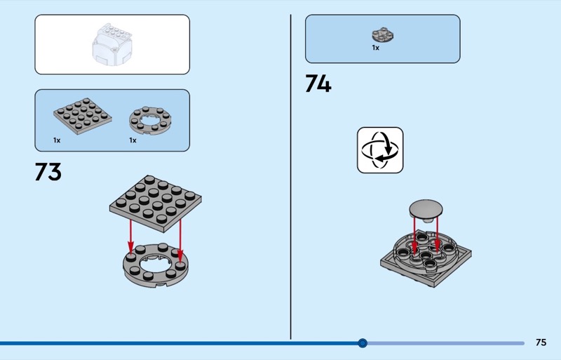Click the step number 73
(x=48, y=172)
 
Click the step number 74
(x=318, y=84)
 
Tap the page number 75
(x=541, y=342)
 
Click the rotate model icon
(x=380, y=149)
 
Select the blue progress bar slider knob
(x=363, y=343)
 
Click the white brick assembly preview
(x=112, y=44)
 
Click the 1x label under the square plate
(x=57, y=140)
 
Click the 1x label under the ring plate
(x=133, y=140)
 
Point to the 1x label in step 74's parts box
(x=375, y=48)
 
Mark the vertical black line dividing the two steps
(x=290, y=175)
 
